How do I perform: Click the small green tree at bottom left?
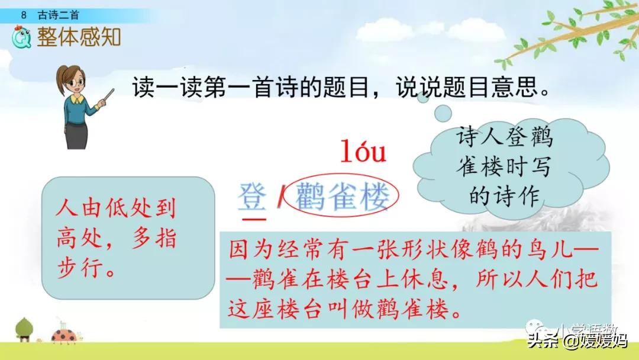pos(24,329)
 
